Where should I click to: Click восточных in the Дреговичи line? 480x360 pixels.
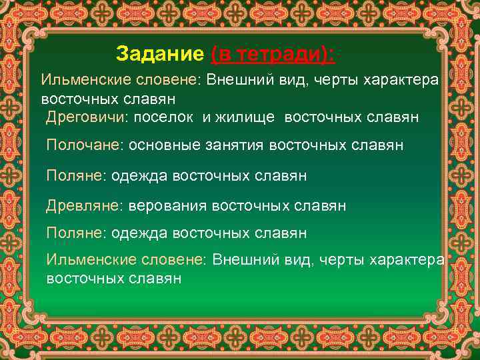[x=322, y=117]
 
